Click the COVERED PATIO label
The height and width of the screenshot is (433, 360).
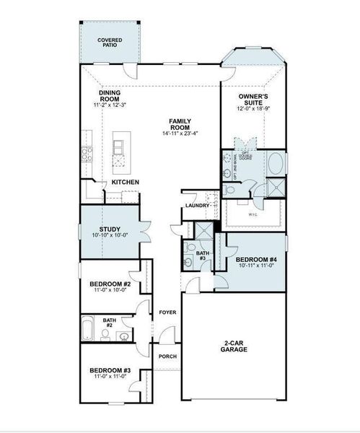110,42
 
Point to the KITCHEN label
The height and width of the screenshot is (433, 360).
125,183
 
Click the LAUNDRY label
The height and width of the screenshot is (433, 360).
196,206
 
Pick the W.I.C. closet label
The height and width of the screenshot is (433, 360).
253,214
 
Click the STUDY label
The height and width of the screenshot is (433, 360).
110,229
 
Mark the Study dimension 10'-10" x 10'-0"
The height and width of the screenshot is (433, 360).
110,235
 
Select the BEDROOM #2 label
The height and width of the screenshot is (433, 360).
110,284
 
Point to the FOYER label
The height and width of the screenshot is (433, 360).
167,312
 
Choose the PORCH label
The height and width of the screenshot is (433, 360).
167,357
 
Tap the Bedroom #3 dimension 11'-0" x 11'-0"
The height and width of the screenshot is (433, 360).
110,377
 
